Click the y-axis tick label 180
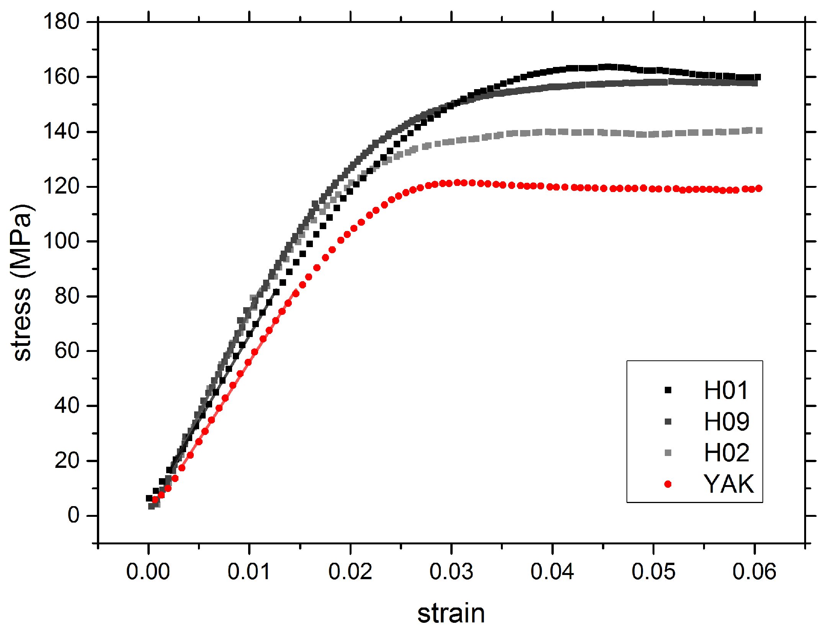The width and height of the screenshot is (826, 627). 61,22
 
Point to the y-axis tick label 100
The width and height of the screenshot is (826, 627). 61,241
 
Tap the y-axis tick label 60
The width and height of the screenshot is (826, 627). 67,351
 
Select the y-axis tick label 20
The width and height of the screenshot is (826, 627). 67,461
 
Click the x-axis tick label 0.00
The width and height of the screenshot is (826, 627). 148,572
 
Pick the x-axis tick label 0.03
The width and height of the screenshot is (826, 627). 451,572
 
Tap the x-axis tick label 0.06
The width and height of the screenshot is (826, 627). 754,572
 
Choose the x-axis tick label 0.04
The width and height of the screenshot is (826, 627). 552,572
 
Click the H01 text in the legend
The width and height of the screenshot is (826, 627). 726,391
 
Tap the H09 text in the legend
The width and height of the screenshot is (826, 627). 726,422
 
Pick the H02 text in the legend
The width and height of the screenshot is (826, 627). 726,453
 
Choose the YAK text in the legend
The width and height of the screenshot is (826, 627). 728,484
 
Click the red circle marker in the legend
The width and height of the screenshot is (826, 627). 668,484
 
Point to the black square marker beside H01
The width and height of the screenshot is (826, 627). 668,390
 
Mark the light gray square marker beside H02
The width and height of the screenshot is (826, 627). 668,453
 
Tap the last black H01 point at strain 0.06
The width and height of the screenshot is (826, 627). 757,77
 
